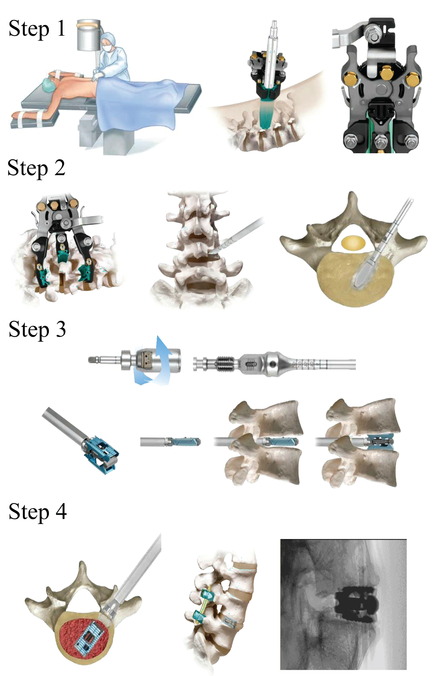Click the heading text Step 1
point(37,29)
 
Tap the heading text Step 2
point(36,168)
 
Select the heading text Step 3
point(37,329)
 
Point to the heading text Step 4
point(38,512)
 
